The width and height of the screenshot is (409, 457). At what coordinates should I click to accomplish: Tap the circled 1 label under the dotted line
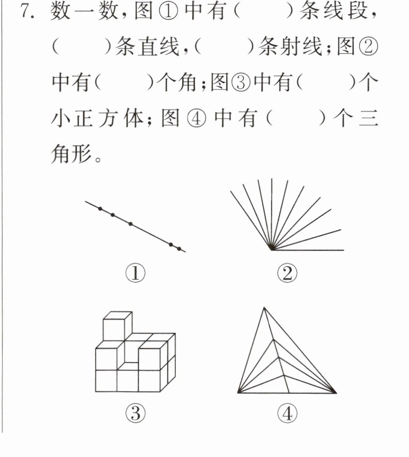pos(135,273)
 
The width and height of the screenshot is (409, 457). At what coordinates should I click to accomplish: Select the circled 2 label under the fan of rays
pos(287,273)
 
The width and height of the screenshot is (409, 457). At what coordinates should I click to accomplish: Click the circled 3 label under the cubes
pos(135,413)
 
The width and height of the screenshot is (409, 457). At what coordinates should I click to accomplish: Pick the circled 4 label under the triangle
pos(287,413)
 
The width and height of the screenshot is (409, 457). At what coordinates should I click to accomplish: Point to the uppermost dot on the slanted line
pos(100,209)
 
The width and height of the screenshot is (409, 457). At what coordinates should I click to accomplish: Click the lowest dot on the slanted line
pos(179,249)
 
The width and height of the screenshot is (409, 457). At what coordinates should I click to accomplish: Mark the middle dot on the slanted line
pos(130,224)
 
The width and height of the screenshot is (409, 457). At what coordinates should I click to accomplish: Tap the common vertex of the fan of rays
pos(271,250)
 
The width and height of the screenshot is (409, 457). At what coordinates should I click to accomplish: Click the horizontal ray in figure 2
pos(307,250)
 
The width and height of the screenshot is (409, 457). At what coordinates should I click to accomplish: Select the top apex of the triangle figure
pos(264,307)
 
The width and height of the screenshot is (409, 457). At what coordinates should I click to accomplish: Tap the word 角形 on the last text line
pos(71,154)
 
